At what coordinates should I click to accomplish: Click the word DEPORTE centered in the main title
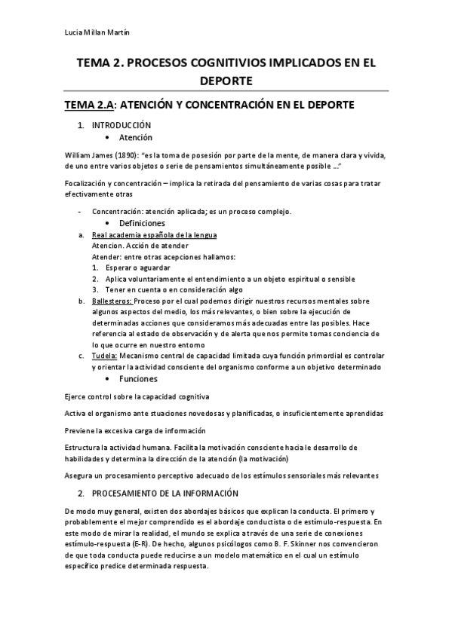(x=226, y=80)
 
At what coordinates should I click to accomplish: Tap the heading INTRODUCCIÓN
(x=122, y=125)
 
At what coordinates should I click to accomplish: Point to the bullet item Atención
(x=136, y=138)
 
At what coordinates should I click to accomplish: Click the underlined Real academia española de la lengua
(x=144, y=235)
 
